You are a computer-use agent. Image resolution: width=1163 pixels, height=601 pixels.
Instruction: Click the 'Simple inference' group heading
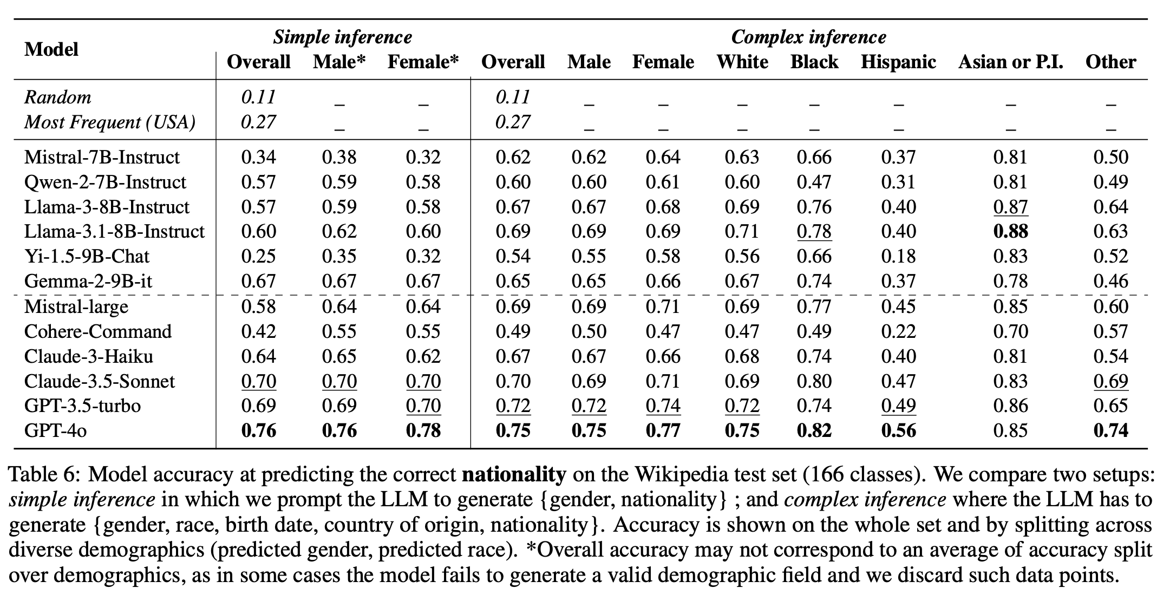tap(342, 37)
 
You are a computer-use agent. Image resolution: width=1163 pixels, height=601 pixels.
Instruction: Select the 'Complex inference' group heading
tap(808, 37)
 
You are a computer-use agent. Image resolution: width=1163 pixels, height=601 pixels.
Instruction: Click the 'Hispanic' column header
tap(898, 62)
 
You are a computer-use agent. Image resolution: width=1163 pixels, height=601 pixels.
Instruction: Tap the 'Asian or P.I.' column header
tap(1010, 62)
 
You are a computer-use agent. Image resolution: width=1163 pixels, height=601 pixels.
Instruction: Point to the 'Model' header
tap(51, 49)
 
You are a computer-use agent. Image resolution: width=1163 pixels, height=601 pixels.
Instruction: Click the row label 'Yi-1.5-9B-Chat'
tap(87, 256)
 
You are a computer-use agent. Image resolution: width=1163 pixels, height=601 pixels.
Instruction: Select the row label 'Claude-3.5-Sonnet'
tap(100, 381)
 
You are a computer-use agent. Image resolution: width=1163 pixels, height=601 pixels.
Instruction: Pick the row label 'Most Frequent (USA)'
tap(110, 122)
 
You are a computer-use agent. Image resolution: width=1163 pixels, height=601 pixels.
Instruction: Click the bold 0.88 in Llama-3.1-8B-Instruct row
tap(1010, 232)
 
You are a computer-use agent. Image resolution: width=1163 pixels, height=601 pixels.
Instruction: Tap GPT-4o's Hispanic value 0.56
tap(898, 431)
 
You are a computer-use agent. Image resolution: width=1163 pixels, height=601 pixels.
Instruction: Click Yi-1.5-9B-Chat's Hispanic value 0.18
tap(898, 256)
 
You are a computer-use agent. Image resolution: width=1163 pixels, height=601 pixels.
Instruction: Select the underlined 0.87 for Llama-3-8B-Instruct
tap(1010, 207)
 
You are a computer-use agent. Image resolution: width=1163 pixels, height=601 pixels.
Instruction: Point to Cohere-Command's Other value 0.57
tap(1110, 331)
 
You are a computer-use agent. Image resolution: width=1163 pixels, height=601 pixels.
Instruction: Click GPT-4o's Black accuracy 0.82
tap(814, 431)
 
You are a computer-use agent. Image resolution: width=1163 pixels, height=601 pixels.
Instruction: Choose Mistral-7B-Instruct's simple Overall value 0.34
tap(258, 157)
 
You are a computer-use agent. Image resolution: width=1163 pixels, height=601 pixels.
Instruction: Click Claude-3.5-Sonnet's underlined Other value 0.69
tap(1110, 381)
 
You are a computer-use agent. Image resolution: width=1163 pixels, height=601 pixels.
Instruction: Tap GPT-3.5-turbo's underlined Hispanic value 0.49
tap(898, 406)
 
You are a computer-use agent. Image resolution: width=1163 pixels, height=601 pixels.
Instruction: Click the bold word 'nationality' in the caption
tap(514, 474)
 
